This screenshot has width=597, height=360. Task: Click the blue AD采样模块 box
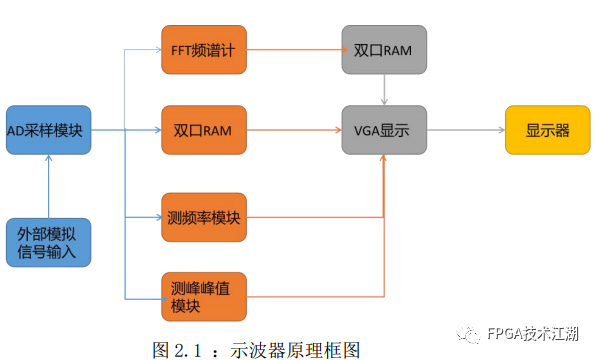tap(48, 130)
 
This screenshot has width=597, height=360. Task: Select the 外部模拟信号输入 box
tap(48, 242)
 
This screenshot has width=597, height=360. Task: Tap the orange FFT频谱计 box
tap(202, 48)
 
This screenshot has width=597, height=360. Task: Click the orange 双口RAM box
tap(202, 130)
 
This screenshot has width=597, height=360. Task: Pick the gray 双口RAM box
tap(384, 48)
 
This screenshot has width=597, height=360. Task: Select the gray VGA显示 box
tap(384, 130)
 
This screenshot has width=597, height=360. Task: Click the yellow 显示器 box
tap(548, 130)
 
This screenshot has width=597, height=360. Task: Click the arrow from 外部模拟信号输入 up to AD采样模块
tap(48, 186)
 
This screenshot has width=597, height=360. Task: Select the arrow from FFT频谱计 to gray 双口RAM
tap(292, 48)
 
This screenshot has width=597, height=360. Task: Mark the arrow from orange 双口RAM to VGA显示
tap(292, 130)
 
